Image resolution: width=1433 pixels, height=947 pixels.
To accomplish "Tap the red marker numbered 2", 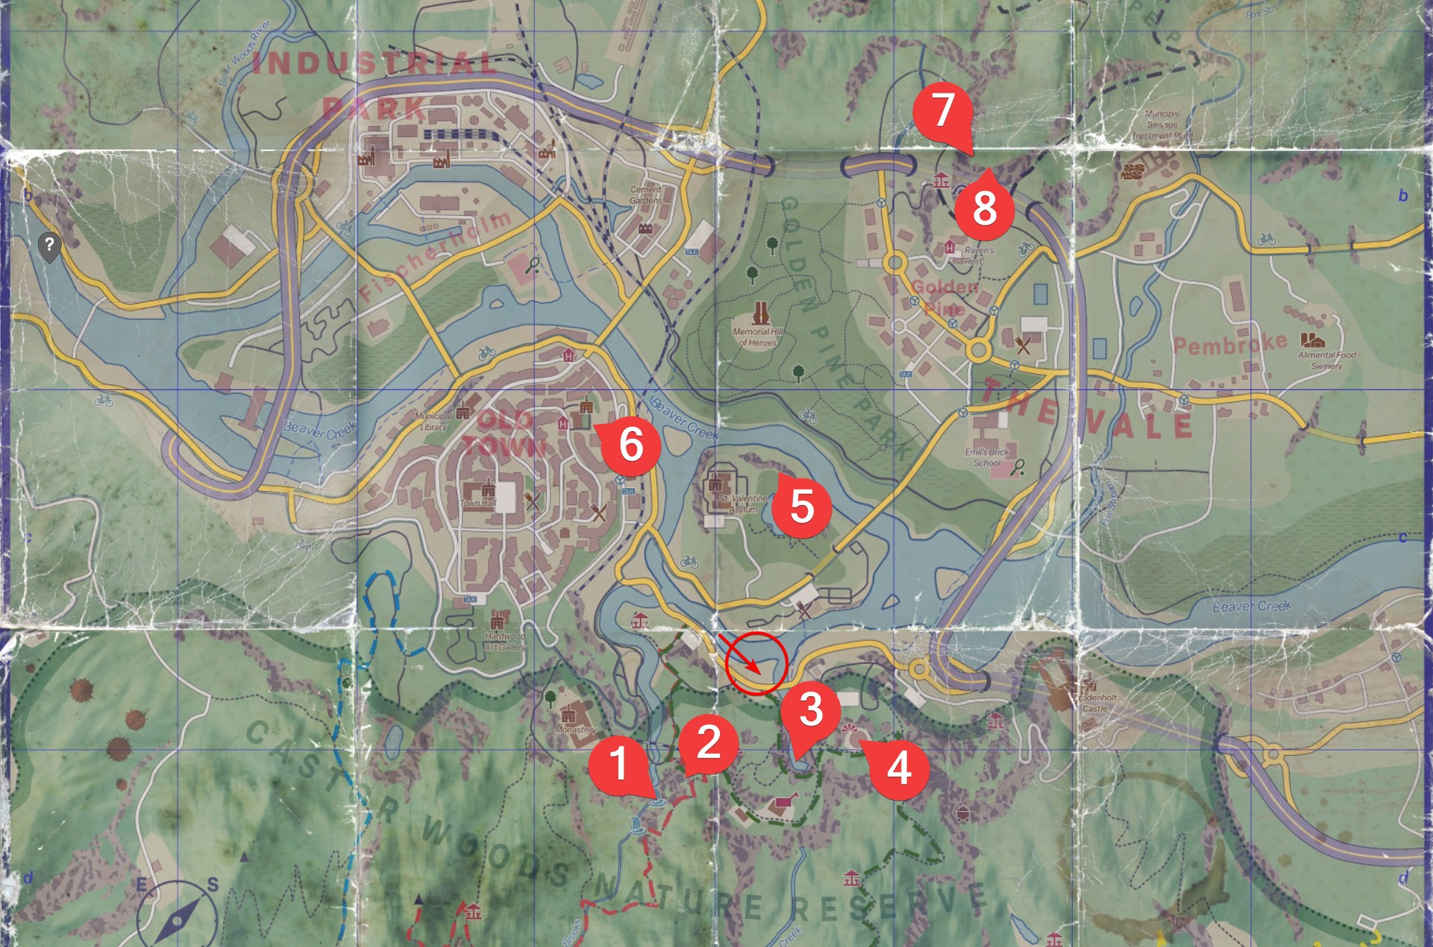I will [708, 740].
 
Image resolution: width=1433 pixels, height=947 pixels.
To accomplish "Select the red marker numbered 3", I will [811, 708].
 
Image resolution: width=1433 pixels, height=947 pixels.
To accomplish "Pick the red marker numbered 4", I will [899, 767].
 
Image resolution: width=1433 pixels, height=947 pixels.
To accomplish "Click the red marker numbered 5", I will [801, 506].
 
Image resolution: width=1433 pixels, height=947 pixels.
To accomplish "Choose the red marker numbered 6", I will [631, 444].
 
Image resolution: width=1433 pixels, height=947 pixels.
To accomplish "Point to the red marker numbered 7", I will [943, 110].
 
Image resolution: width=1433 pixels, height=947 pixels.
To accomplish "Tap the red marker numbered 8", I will [985, 206].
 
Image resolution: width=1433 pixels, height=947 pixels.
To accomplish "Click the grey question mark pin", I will [49, 246].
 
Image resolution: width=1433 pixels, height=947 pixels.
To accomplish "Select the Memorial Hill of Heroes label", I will [757, 337].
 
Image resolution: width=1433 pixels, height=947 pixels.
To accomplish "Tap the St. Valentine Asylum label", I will [743, 504].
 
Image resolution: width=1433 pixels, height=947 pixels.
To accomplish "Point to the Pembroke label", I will [1230, 343].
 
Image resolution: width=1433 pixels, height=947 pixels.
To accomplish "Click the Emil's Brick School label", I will [986, 457].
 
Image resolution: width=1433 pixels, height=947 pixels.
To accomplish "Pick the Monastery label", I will [575, 729].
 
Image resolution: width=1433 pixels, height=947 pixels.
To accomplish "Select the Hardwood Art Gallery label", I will [505, 642].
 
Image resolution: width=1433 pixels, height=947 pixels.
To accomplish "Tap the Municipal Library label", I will [433, 421].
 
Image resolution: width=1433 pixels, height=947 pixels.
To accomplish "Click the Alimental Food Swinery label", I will [1327, 360].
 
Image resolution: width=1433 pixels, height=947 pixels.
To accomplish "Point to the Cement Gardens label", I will [646, 195].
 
